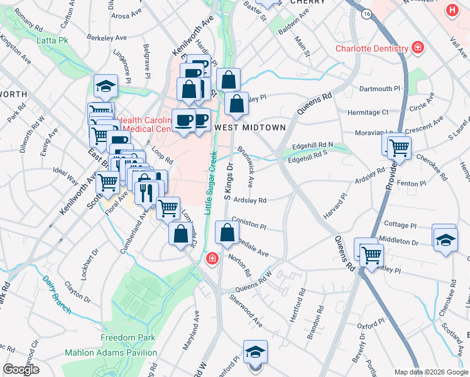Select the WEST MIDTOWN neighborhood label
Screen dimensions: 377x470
250,128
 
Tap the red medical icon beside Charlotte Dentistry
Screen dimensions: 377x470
417,48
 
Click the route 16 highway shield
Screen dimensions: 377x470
366,13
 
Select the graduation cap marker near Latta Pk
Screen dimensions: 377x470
106,86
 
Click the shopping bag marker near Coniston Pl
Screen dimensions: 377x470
227,233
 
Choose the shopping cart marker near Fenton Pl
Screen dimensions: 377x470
399,148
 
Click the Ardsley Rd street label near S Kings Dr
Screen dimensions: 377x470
250,200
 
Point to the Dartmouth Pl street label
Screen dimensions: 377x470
380,89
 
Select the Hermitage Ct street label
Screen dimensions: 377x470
368,112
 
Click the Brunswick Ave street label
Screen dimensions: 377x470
246,167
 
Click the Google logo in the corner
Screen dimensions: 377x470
21,369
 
